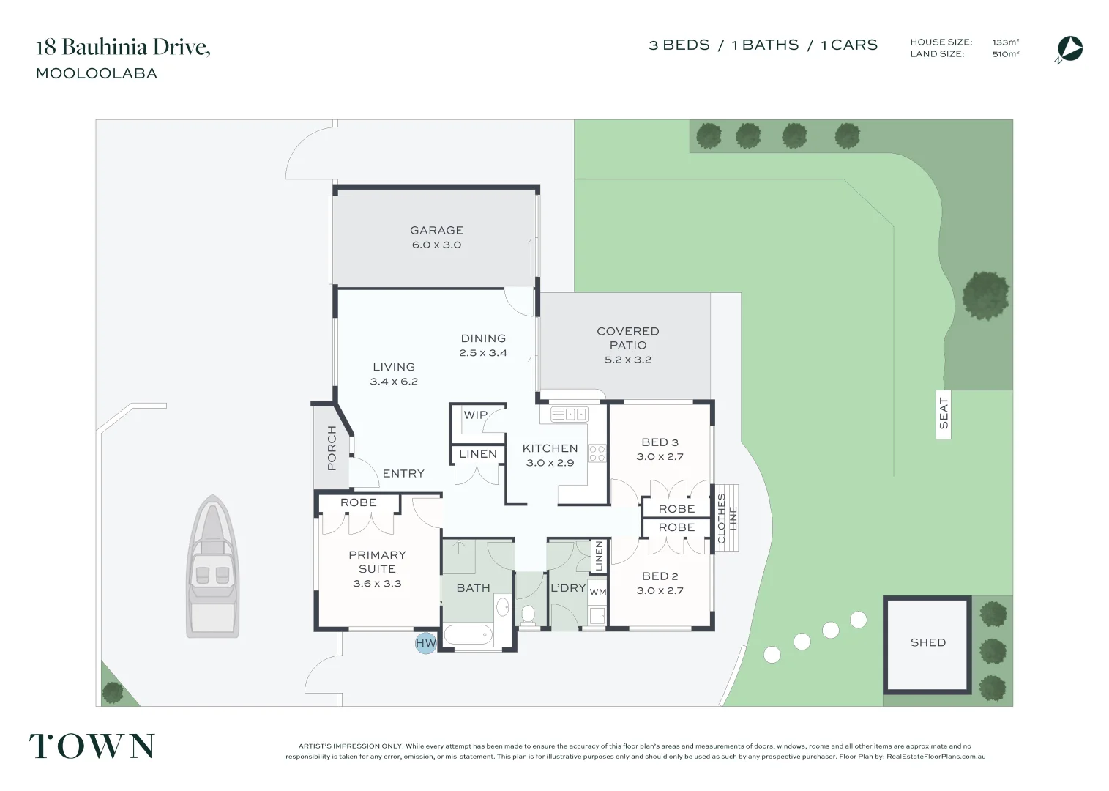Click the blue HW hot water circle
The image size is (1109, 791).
(x=425, y=643)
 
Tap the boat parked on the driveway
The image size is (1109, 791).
(x=212, y=566)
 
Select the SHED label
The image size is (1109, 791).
(x=927, y=642)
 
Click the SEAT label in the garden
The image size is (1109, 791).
(x=943, y=413)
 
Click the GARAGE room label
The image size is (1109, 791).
(x=437, y=230)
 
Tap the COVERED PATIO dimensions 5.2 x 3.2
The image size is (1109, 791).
(x=628, y=360)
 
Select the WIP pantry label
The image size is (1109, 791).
(x=475, y=415)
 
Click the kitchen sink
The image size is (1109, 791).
(x=570, y=414)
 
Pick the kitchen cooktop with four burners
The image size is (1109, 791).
(x=597, y=453)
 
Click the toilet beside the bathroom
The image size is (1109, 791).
(x=529, y=616)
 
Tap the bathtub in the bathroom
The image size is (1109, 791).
(x=468, y=635)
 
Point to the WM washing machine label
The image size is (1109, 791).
(x=597, y=592)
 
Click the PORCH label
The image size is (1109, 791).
(x=332, y=448)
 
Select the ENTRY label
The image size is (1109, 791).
(x=403, y=474)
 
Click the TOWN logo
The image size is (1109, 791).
(x=92, y=746)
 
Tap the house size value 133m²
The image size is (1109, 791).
(x=1006, y=42)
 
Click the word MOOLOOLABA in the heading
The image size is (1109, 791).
(x=97, y=73)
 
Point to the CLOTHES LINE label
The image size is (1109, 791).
(x=727, y=518)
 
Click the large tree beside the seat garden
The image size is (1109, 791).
(x=986, y=296)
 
